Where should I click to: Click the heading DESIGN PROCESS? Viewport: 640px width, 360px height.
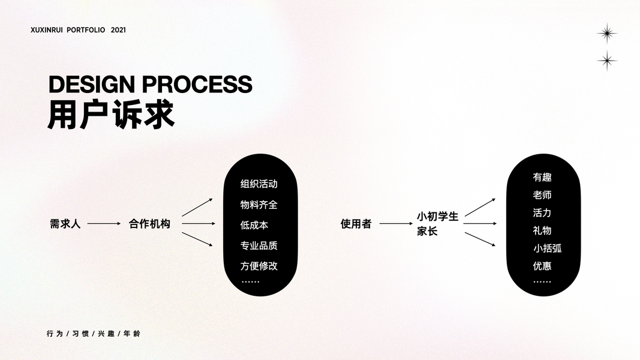click(150, 85)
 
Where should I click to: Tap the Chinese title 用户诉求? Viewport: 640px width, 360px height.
click(111, 114)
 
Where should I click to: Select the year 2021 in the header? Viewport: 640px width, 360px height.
click(118, 29)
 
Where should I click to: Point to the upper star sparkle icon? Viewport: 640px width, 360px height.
click(607, 33)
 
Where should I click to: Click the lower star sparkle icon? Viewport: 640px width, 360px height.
click(607, 61)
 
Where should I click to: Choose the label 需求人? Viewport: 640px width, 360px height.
click(65, 224)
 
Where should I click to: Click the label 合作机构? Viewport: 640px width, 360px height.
click(149, 224)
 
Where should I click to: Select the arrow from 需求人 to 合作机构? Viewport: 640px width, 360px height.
click(104, 224)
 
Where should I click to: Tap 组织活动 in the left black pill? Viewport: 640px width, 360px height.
click(259, 184)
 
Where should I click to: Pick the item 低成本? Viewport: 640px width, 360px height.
click(254, 225)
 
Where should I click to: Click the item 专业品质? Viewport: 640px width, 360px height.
click(259, 245)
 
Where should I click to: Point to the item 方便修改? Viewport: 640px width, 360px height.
click(259, 266)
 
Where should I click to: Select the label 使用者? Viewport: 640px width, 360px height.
click(356, 224)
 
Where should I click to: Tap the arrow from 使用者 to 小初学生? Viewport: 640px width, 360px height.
click(396, 224)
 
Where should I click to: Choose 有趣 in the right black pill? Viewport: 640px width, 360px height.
click(542, 178)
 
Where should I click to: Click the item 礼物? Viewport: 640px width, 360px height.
click(542, 230)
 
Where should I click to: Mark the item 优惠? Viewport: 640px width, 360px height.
click(542, 266)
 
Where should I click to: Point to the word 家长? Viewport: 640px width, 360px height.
click(427, 231)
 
